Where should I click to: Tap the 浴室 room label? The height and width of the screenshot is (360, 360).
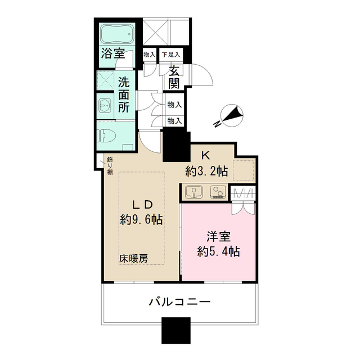point(113,53)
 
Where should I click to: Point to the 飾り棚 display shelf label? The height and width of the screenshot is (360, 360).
point(110,164)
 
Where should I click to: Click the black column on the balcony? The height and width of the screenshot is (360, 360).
point(175,331)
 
